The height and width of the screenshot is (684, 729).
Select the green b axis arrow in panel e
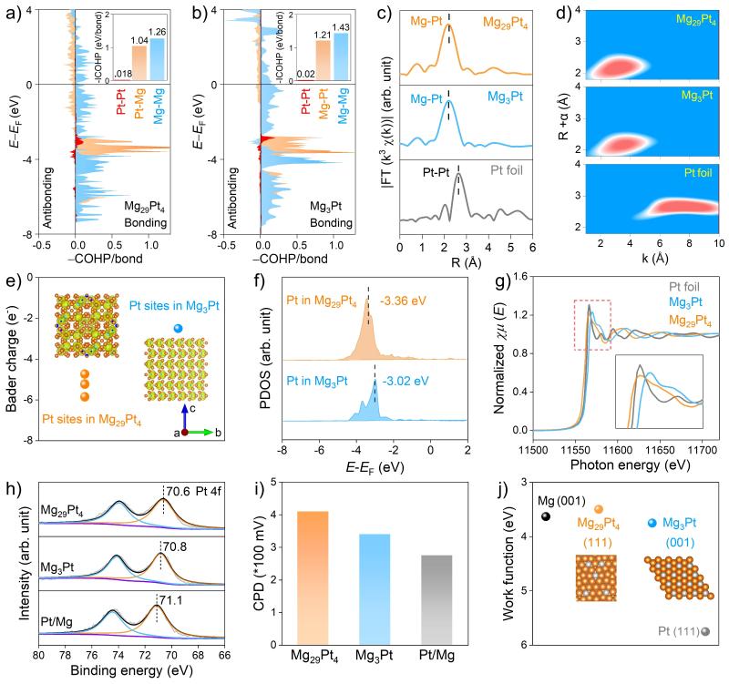[x=210, y=432]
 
